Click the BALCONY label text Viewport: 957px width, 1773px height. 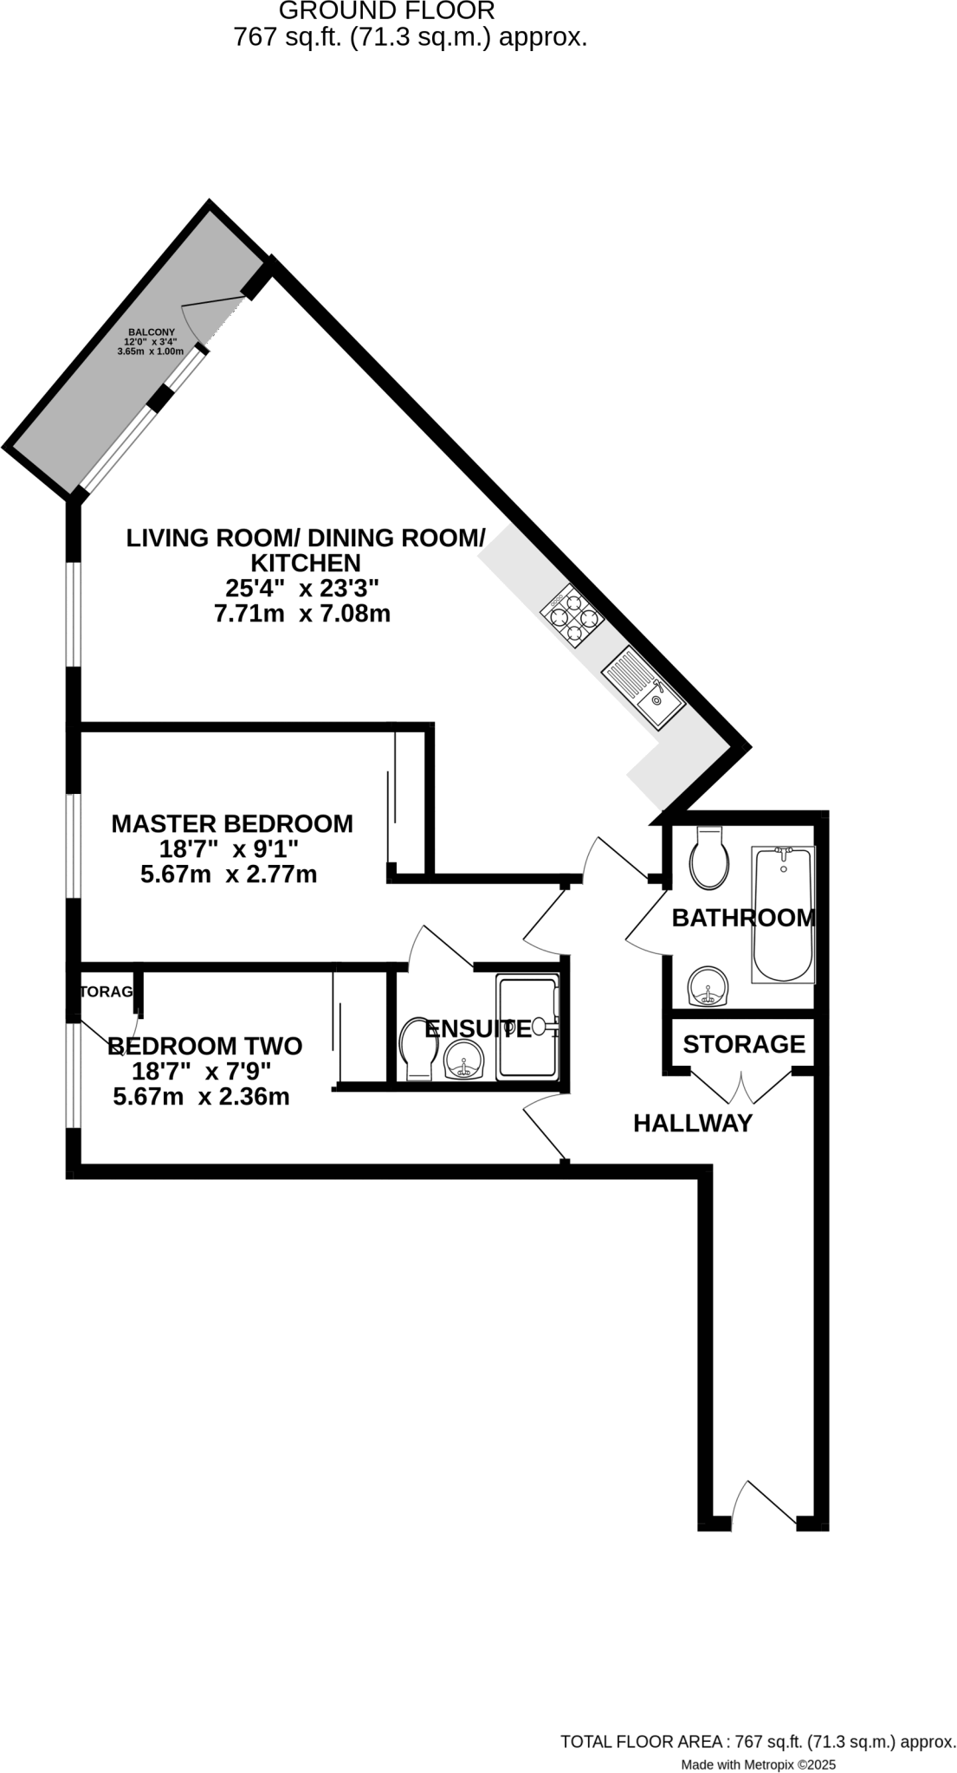point(152,332)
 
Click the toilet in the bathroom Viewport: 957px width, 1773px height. point(708,859)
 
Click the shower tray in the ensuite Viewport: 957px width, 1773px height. point(527,1028)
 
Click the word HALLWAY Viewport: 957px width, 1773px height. point(693,1124)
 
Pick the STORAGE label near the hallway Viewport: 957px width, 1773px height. point(744,1044)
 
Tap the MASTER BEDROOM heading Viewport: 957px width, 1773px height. point(232,823)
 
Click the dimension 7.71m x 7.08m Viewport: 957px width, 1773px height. point(302,614)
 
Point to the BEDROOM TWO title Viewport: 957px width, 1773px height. point(205,1046)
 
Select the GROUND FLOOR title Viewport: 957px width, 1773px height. point(387,11)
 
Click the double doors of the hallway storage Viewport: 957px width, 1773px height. point(742,1086)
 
